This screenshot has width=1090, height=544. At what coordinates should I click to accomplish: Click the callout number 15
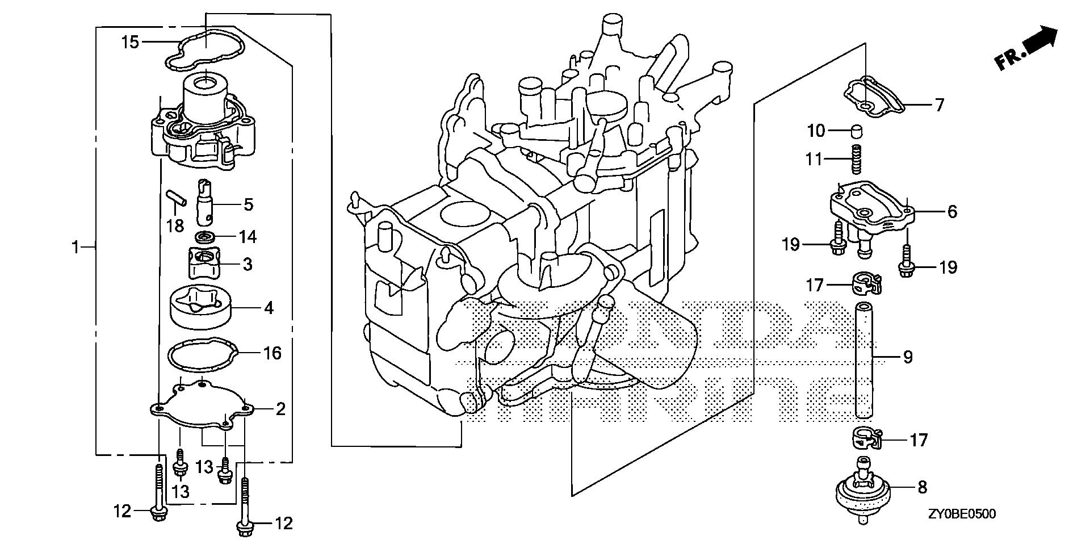pyautogui.click(x=130, y=42)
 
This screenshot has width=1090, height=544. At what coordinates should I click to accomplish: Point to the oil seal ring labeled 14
pyautogui.click(x=206, y=237)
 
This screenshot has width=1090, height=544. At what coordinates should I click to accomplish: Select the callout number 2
pyautogui.click(x=280, y=409)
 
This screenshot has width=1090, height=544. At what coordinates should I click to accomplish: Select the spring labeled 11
pyautogui.click(x=855, y=160)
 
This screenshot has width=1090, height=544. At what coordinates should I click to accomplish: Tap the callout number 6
pyautogui.click(x=952, y=212)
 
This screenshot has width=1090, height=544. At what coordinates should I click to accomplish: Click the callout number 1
pyautogui.click(x=75, y=247)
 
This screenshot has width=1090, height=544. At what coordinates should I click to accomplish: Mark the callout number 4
pyautogui.click(x=269, y=308)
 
